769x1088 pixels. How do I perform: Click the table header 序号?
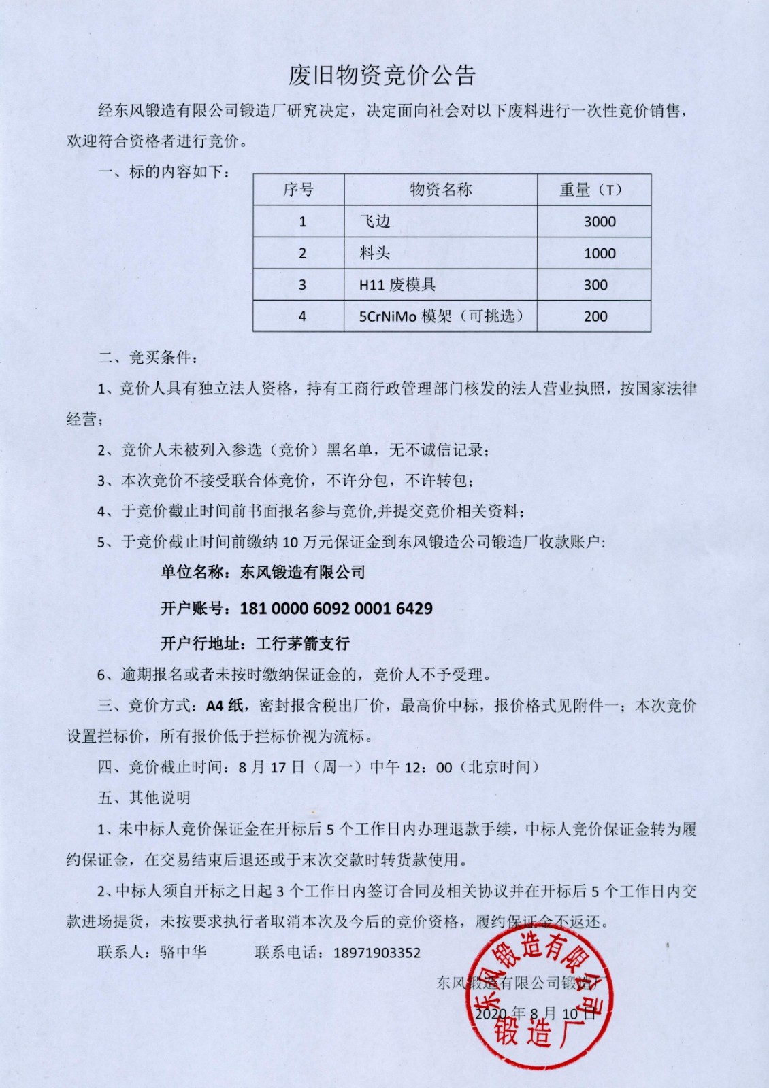(298, 190)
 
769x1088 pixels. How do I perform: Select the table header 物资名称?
(440, 190)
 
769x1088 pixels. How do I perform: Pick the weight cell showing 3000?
(600, 222)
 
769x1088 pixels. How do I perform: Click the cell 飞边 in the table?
(375, 221)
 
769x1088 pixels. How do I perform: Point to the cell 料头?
(375, 253)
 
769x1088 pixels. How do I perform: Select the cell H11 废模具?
(397, 285)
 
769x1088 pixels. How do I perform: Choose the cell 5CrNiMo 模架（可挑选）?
(441, 316)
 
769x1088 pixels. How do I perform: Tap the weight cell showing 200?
(595, 316)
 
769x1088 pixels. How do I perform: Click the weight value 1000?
(600, 254)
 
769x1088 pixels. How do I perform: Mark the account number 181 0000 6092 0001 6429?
(336, 608)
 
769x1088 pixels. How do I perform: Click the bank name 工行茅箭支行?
(303, 643)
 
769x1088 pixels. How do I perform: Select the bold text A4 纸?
(225, 705)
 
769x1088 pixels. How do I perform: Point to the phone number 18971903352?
(377, 953)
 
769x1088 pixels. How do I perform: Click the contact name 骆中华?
(183, 952)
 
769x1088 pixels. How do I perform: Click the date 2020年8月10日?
(535, 1014)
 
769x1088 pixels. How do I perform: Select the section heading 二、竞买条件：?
(148, 357)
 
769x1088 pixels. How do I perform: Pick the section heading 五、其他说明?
(144, 798)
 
